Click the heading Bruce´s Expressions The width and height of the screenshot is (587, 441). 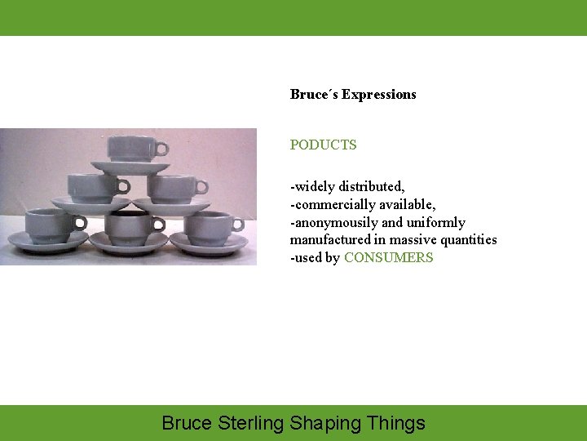click(353, 95)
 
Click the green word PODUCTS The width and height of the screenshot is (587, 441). click(323, 145)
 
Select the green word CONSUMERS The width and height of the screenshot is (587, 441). click(388, 258)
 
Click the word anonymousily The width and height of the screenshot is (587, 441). click(333, 222)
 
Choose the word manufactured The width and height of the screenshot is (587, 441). click(330, 240)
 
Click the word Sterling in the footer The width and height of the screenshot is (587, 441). click(251, 423)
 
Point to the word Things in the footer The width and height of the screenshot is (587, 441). click(395, 423)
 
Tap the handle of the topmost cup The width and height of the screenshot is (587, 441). click(161, 149)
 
